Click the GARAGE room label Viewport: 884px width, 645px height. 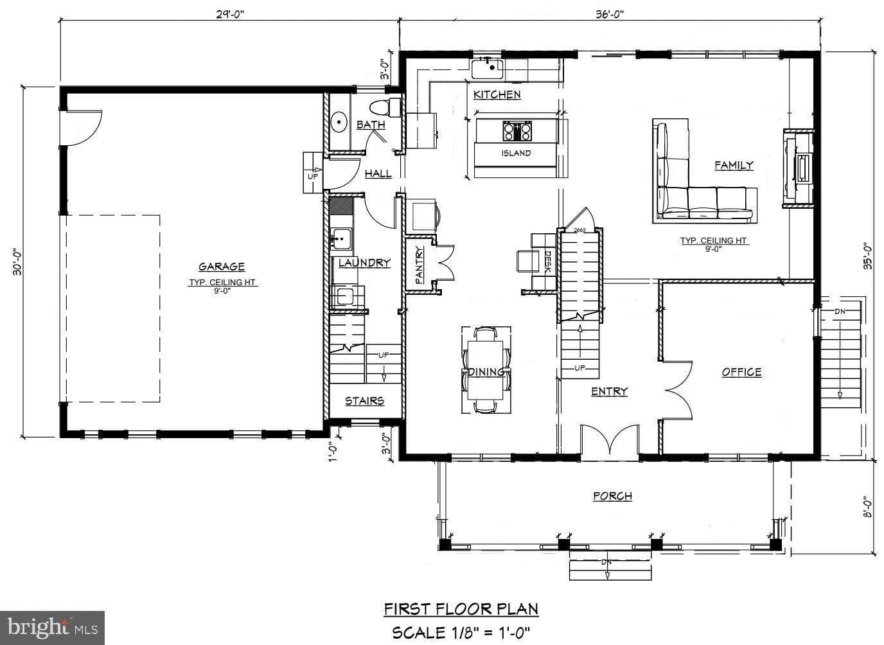pyautogui.click(x=222, y=267)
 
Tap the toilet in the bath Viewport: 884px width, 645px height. pyautogui.click(x=385, y=107)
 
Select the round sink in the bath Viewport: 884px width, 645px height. pyautogui.click(x=339, y=122)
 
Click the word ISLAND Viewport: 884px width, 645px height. pyautogui.click(x=516, y=153)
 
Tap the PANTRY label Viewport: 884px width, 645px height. pyautogui.click(x=419, y=265)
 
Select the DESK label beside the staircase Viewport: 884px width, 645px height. pyautogui.click(x=548, y=261)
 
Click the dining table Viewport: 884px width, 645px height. pyautogui.click(x=486, y=370)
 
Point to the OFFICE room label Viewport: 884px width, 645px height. pyautogui.click(x=741, y=372)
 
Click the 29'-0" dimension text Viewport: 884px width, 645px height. pyautogui.click(x=230, y=15)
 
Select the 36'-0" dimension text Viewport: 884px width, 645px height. pyautogui.click(x=609, y=15)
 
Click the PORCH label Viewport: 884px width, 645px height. pyautogui.click(x=612, y=496)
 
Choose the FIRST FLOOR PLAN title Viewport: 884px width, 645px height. pyautogui.click(x=461, y=608)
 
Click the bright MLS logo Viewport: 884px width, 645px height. pyautogui.click(x=52, y=628)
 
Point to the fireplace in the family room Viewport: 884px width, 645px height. pyautogui.click(x=799, y=168)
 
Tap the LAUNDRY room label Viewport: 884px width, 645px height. pyautogui.click(x=364, y=263)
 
